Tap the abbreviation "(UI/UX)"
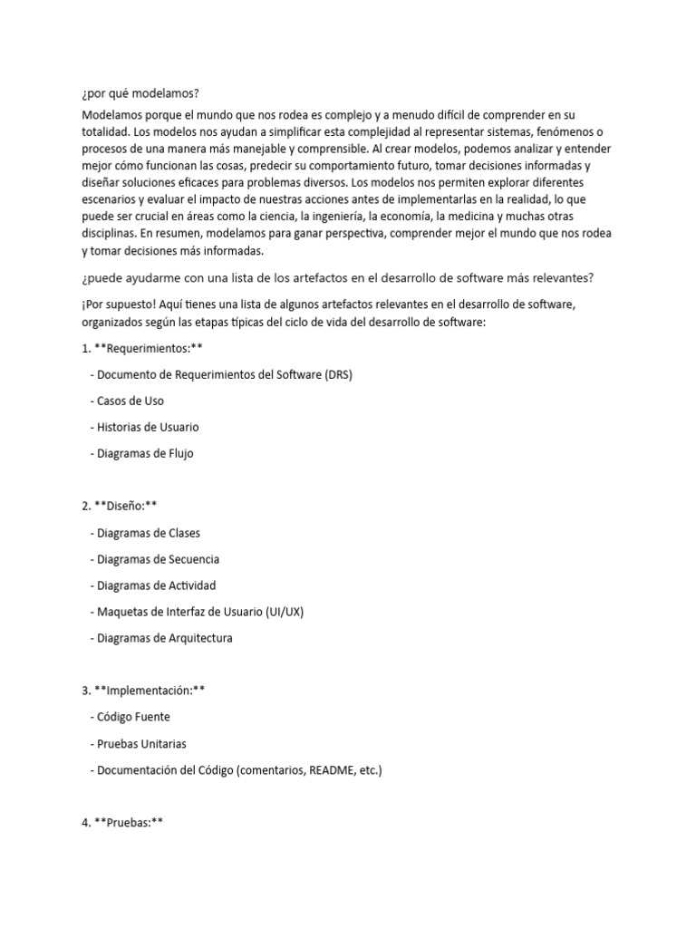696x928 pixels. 285,612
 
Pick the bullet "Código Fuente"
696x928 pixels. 133,717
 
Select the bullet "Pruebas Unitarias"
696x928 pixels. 142,743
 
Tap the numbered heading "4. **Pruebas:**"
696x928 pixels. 121,823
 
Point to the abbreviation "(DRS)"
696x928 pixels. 333,374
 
